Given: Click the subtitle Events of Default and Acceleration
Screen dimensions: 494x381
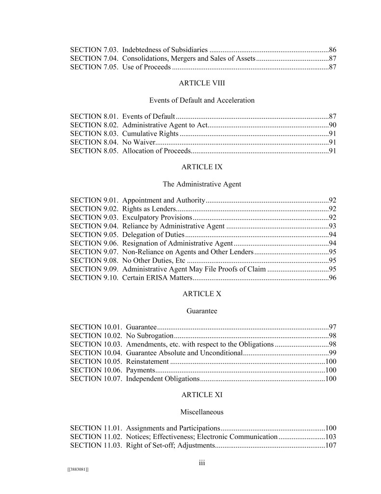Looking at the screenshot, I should (202, 100).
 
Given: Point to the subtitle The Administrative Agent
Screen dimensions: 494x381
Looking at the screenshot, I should (202, 184).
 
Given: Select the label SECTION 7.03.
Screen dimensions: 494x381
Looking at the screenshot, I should (94, 50).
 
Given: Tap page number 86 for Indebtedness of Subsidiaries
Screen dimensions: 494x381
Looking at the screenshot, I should (332, 50).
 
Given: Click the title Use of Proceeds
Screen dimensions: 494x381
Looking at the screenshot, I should (146, 67).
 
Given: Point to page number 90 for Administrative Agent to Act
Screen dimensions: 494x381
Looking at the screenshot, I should (332, 125).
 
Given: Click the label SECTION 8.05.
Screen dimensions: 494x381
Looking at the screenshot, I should (94, 151).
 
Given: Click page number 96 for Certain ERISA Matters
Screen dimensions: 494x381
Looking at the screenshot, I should (332, 278).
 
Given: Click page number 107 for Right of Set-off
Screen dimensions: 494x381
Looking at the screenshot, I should (330, 446).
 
